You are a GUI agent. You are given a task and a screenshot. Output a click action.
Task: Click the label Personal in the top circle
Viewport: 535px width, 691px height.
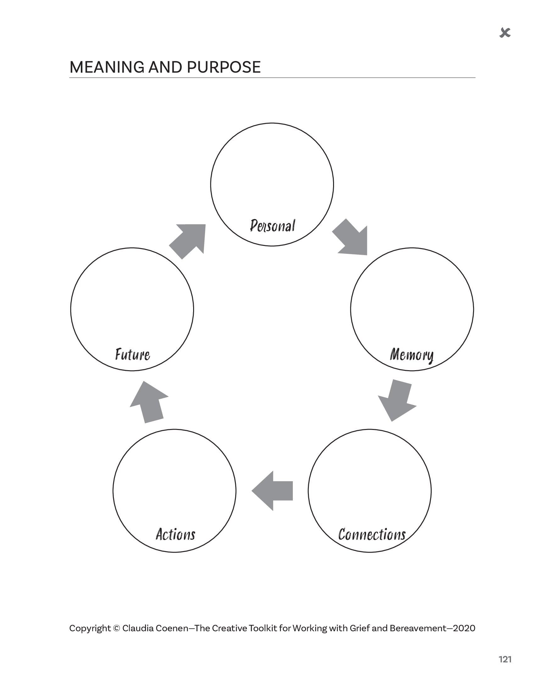click(x=272, y=226)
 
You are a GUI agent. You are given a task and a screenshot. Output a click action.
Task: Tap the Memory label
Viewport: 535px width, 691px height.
click(x=411, y=355)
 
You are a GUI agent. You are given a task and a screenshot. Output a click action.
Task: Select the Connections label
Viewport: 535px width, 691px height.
click(x=372, y=534)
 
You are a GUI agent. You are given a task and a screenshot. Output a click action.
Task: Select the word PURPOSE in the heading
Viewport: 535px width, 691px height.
click(x=224, y=67)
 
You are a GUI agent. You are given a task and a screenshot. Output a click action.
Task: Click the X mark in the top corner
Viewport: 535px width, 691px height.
click(x=505, y=32)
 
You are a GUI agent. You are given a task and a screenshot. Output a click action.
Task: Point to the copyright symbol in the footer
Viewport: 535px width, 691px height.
click(x=116, y=628)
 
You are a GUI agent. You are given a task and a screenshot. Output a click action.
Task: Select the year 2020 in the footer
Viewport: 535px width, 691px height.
click(x=464, y=628)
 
